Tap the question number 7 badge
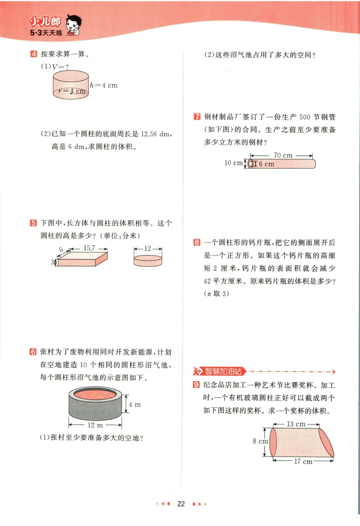(x=197, y=117)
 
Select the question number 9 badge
(x=196, y=385)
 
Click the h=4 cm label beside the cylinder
(x=103, y=85)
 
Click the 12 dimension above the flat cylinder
(x=148, y=248)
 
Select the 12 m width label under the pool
(x=95, y=425)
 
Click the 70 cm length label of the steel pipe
(x=283, y=155)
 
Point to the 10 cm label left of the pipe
(x=233, y=163)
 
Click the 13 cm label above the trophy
(x=296, y=423)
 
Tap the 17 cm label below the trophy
(x=303, y=461)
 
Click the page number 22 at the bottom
(x=181, y=504)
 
